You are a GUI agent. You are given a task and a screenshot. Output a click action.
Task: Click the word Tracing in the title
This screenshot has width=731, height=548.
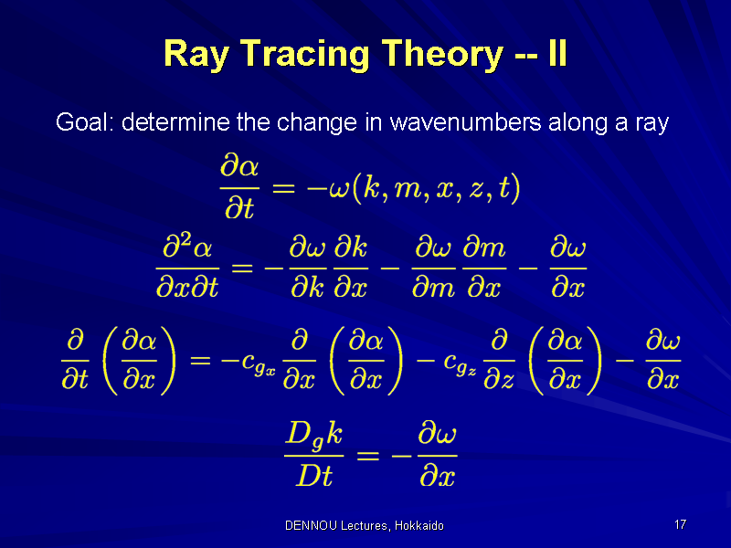(306, 55)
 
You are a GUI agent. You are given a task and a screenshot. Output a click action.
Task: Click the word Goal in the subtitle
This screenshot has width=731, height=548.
(84, 122)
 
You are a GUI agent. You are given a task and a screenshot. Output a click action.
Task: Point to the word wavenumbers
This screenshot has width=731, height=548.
(465, 122)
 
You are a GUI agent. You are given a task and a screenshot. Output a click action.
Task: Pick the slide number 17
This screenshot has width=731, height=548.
(680, 524)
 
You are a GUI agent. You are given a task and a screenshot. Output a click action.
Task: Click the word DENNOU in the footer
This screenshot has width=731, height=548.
(311, 526)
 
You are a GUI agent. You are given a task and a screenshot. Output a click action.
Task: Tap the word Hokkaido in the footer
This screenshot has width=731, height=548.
(419, 526)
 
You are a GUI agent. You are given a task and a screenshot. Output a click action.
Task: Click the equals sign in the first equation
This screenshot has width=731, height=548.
(283, 189)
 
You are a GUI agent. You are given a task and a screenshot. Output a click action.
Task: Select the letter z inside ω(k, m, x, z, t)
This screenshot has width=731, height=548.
(475, 190)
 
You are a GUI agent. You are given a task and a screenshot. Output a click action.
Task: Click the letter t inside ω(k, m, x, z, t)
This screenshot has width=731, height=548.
(503, 188)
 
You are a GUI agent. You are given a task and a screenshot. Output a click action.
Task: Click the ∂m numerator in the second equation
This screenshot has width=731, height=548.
(484, 247)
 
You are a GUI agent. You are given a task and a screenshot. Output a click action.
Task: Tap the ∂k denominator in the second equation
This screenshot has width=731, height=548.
(307, 287)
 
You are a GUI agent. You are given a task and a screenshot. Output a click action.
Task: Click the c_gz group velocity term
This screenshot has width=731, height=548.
(461, 364)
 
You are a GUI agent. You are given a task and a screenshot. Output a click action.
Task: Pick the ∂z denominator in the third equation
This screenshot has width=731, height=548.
(499, 380)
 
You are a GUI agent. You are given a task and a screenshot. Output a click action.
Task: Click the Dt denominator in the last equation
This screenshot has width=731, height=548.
(314, 476)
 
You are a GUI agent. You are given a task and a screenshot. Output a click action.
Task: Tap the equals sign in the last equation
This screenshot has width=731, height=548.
(368, 455)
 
